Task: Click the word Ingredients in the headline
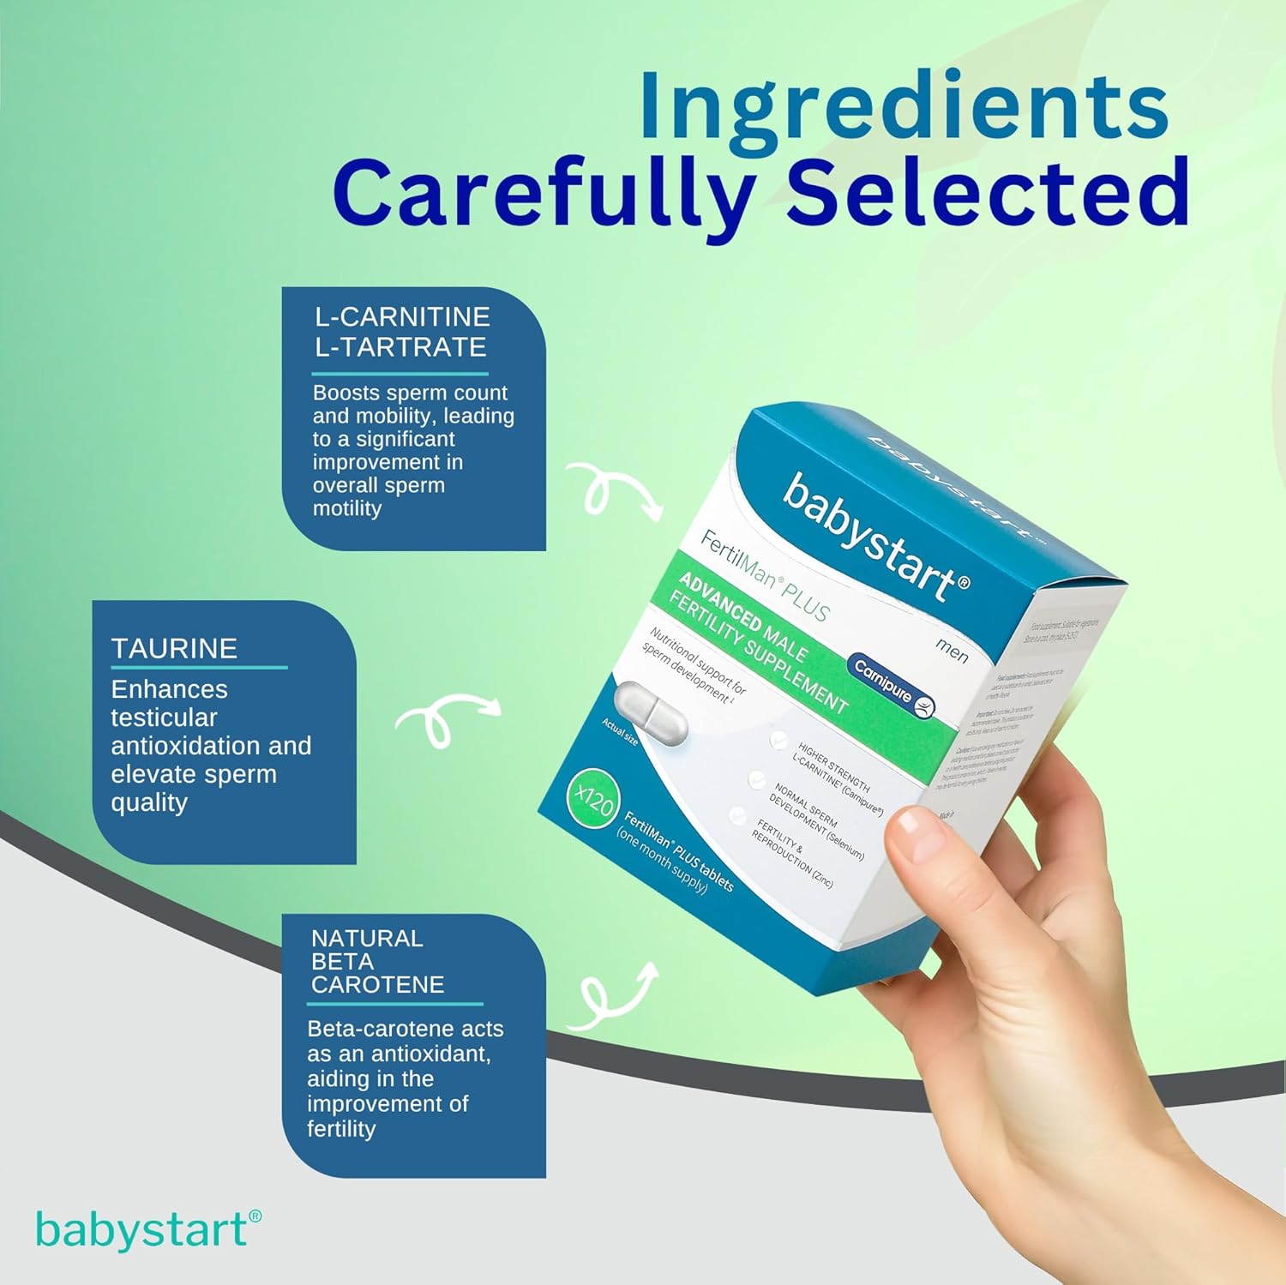(904, 106)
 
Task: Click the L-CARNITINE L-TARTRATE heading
(401, 332)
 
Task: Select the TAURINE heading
(174, 648)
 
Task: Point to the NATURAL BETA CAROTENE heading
(377, 961)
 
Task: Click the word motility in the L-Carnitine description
(346, 508)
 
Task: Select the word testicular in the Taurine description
(164, 718)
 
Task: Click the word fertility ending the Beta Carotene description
(341, 1129)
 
